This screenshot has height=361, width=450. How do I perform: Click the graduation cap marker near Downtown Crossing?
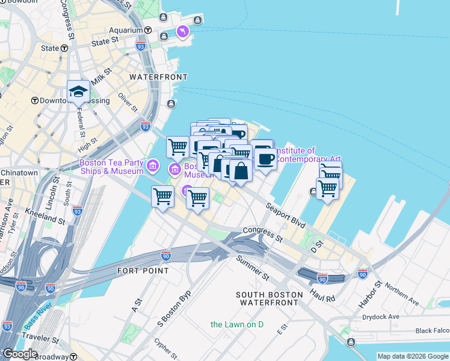78,92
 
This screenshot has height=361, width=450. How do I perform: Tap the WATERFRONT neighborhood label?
158,77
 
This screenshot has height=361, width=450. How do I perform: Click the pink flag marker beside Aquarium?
181,31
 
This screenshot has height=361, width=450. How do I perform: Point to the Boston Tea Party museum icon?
153,165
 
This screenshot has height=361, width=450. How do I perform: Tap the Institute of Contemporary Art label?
294,155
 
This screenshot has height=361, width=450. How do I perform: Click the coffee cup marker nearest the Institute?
265,158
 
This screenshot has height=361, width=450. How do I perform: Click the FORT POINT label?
143,271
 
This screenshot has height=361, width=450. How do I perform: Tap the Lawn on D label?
237,325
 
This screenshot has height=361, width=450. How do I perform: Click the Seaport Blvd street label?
286,214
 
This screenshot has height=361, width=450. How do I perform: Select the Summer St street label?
253,269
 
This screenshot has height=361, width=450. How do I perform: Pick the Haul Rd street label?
322,293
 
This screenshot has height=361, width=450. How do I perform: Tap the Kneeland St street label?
45,216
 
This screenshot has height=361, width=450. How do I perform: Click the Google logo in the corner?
20,354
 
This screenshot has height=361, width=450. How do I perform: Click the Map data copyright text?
412,356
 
